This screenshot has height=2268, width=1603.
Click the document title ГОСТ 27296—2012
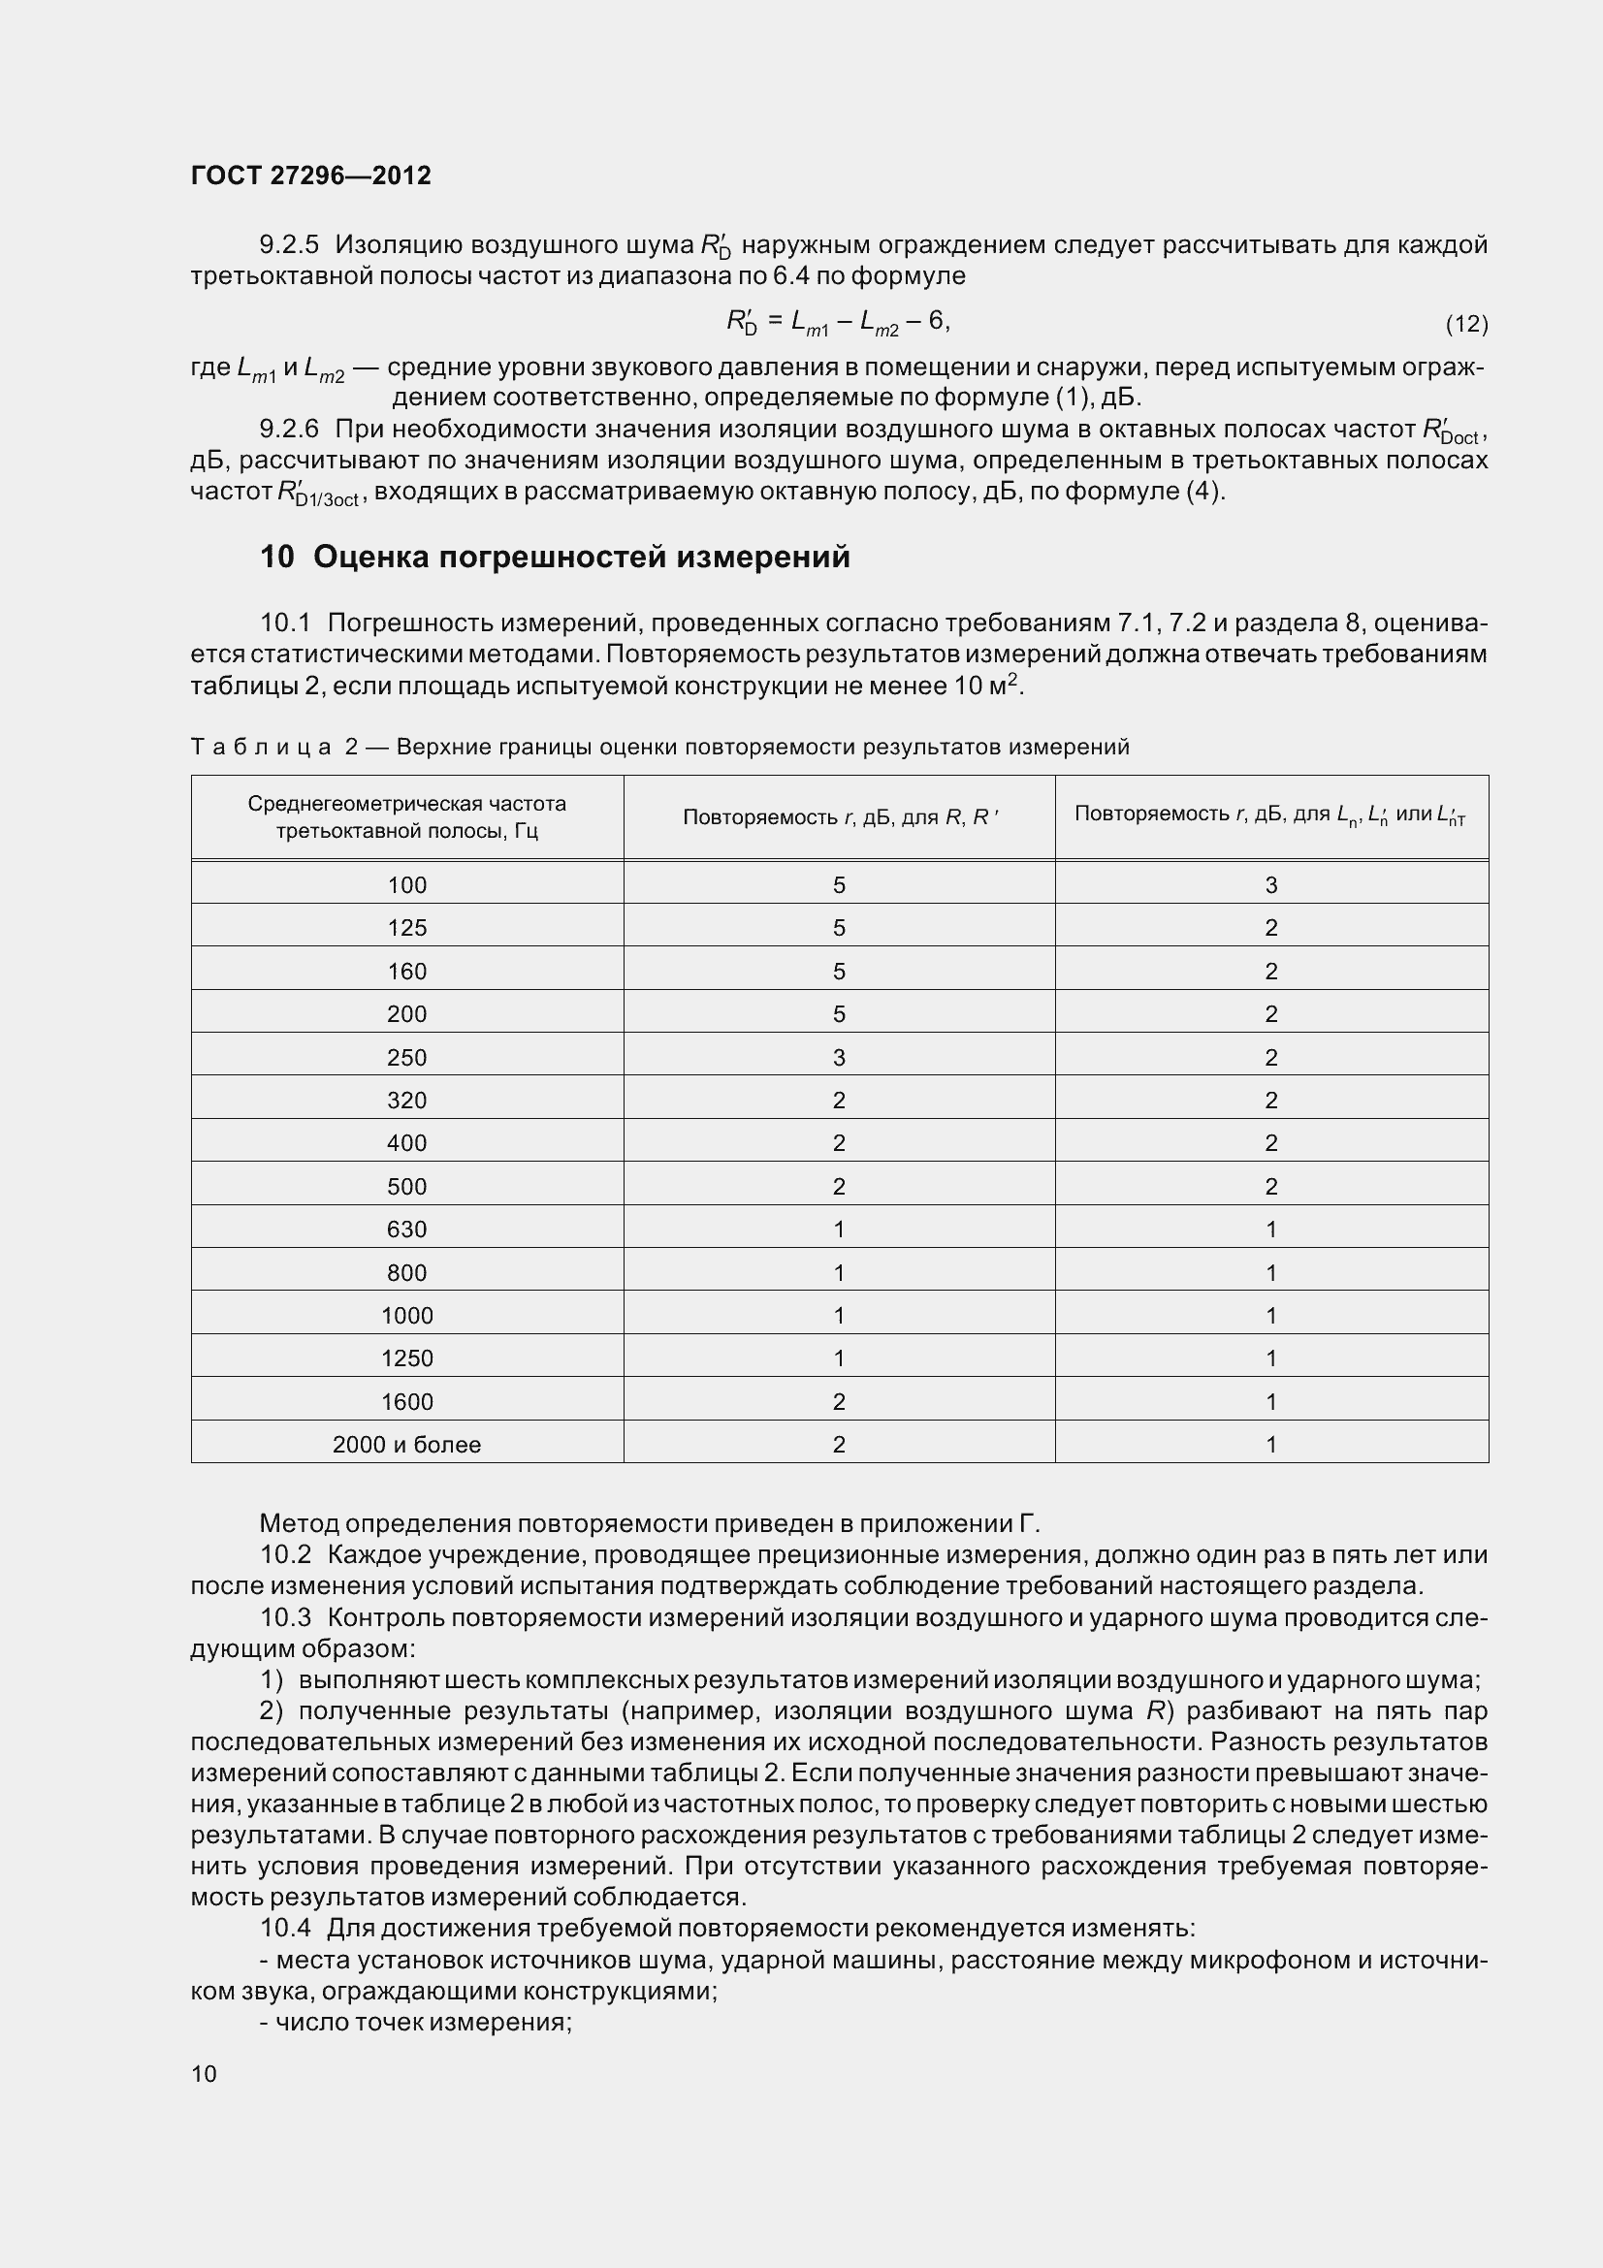pyautogui.click(x=311, y=176)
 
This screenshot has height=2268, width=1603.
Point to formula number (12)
pyautogui.click(x=1465, y=323)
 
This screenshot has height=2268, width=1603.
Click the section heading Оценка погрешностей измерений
pyautogui.click(x=554, y=558)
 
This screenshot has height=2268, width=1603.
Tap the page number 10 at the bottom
pyautogui.click(x=204, y=2073)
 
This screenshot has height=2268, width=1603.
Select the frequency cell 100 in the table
pyautogui.click(x=407, y=885)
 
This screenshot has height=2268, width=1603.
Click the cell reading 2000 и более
pyautogui.click(x=407, y=1444)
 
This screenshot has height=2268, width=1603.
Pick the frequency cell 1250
pyautogui.click(x=407, y=1358)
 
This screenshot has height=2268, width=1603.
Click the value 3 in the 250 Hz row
pyautogui.click(x=839, y=1058)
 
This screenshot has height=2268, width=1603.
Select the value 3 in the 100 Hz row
pyautogui.click(x=1271, y=885)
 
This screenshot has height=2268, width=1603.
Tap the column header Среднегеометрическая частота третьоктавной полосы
pyautogui.click(x=407, y=816)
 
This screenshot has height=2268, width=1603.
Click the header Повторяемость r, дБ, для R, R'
pyautogui.click(x=840, y=816)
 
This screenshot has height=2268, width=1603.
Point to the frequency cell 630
pyautogui.click(x=407, y=1230)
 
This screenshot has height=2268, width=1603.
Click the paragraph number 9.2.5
pyautogui.click(x=289, y=244)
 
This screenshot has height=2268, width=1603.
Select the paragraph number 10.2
pyautogui.click(x=285, y=1554)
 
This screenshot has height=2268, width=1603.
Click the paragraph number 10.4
pyautogui.click(x=285, y=1928)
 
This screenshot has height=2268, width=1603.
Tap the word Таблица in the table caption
pyautogui.click(x=261, y=747)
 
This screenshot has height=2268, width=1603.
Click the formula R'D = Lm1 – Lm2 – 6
pyautogui.click(x=838, y=321)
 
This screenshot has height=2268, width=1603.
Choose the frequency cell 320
pyautogui.click(x=407, y=1101)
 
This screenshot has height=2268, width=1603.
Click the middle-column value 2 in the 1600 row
pyautogui.click(x=839, y=1402)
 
